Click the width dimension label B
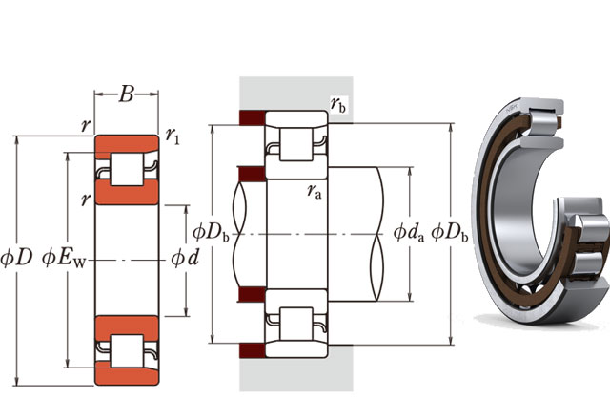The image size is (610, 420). tap(127, 94)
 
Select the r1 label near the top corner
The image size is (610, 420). tap(173, 136)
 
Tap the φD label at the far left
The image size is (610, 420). tap(16, 258)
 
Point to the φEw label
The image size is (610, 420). tap(64, 259)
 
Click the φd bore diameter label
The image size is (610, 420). tap(185, 258)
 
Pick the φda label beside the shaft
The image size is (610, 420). tap(409, 233)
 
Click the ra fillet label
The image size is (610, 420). tap(315, 191)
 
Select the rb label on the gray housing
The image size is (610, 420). tap(337, 104)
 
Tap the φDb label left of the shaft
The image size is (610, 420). tap(211, 233)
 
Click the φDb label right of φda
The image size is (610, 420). tap(449, 233)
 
